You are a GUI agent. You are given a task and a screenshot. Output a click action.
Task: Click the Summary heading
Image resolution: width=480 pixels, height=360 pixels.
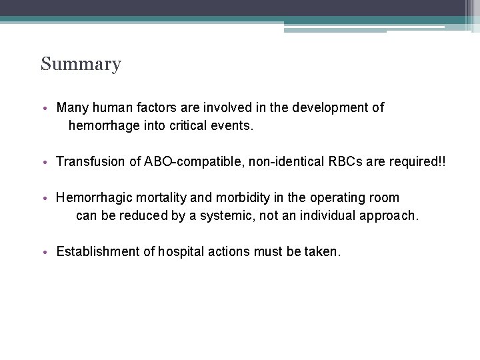tap(81, 65)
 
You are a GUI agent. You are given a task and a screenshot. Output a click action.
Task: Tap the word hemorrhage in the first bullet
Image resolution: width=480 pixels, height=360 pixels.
tap(99, 125)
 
